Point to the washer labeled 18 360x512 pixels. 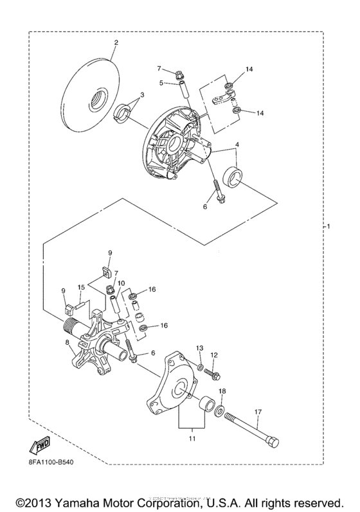(x=220, y=410)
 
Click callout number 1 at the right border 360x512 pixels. (x=328, y=227)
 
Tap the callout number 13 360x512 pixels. (x=199, y=348)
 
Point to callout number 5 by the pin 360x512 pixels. (x=163, y=82)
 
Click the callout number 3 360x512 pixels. (x=142, y=95)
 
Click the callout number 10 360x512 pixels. (x=121, y=283)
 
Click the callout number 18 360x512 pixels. (x=222, y=391)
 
